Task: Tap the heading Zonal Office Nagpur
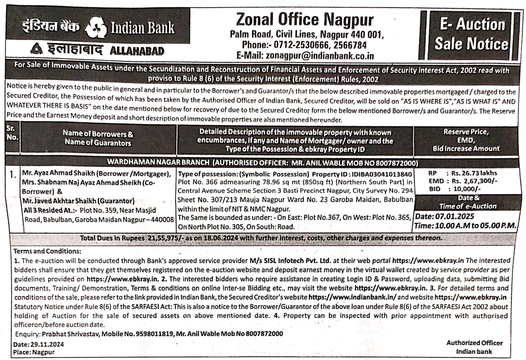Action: coord(304,20)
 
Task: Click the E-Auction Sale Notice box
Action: coord(471,34)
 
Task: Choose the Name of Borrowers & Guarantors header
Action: coord(98,138)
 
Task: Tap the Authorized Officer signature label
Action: coord(474,343)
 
